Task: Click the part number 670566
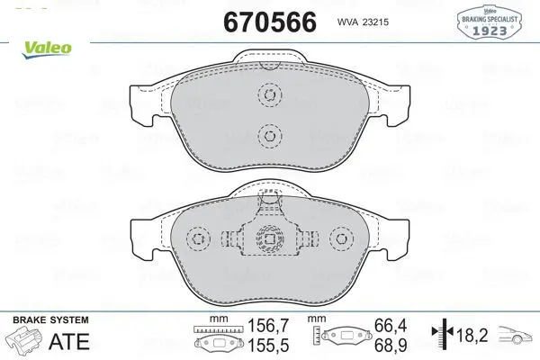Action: (x=270, y=22)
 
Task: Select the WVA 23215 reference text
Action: (x=363, y=22)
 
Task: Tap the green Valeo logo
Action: (x=47, y=49)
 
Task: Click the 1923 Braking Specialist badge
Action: (x=489, y=22)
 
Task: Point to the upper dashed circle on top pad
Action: (x=270, y=94)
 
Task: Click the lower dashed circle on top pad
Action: (x=270, y=135)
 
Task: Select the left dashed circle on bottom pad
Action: (x=198, y=238)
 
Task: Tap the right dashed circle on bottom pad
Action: (x=341, y=238)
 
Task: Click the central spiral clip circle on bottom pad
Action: (x=270, y=238)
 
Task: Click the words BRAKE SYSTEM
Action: (x=50, y=320)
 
